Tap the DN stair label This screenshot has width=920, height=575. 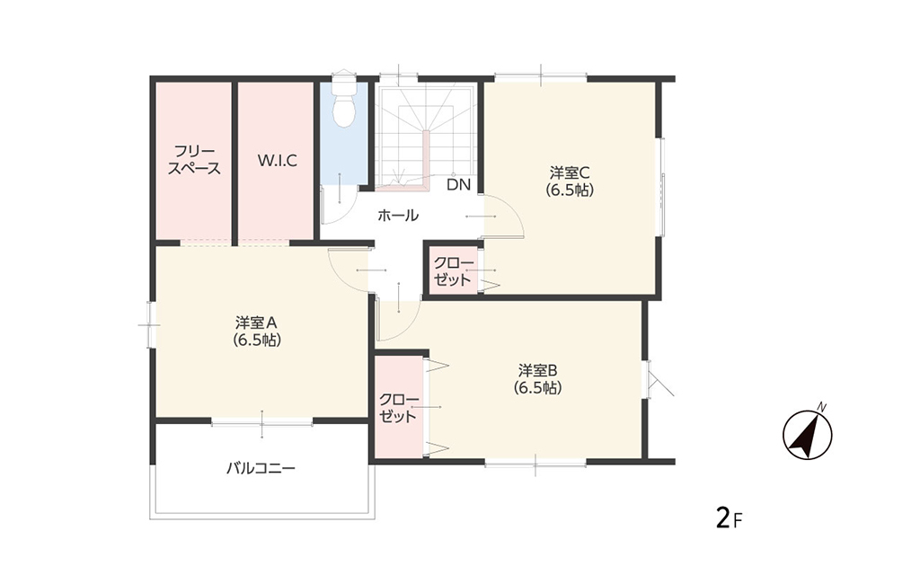click(459, 185)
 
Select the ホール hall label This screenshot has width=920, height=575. click(398, 216)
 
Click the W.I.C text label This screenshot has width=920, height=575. click(278, 160)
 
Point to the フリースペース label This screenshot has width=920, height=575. click(194, 160)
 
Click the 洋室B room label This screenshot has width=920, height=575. click(537, 379)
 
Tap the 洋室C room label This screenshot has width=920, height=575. click(569, 181)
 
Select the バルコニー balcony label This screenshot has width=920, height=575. click(261, 468)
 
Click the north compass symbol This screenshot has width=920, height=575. click(808, 434)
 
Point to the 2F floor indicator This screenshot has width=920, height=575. click(730, 518)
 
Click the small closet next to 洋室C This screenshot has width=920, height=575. click(453, 270)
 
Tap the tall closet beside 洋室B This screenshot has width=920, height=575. click(398, 406)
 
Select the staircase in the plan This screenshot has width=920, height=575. click(427, 137)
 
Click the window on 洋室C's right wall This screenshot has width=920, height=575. click(661, 187)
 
